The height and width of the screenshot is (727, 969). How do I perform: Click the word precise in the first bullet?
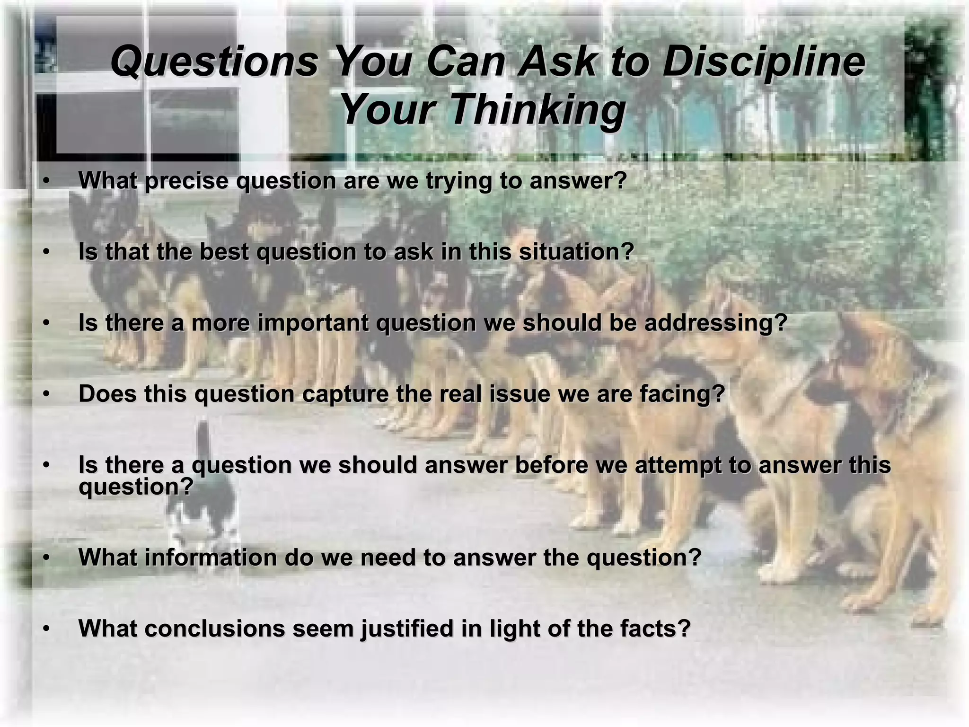[x=186, y=181]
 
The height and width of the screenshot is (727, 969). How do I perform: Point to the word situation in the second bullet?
[x=576, y=252]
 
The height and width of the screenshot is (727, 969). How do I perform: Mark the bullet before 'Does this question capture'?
[x=46, y=394]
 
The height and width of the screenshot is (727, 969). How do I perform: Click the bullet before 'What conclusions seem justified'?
[x=46, y=629]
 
